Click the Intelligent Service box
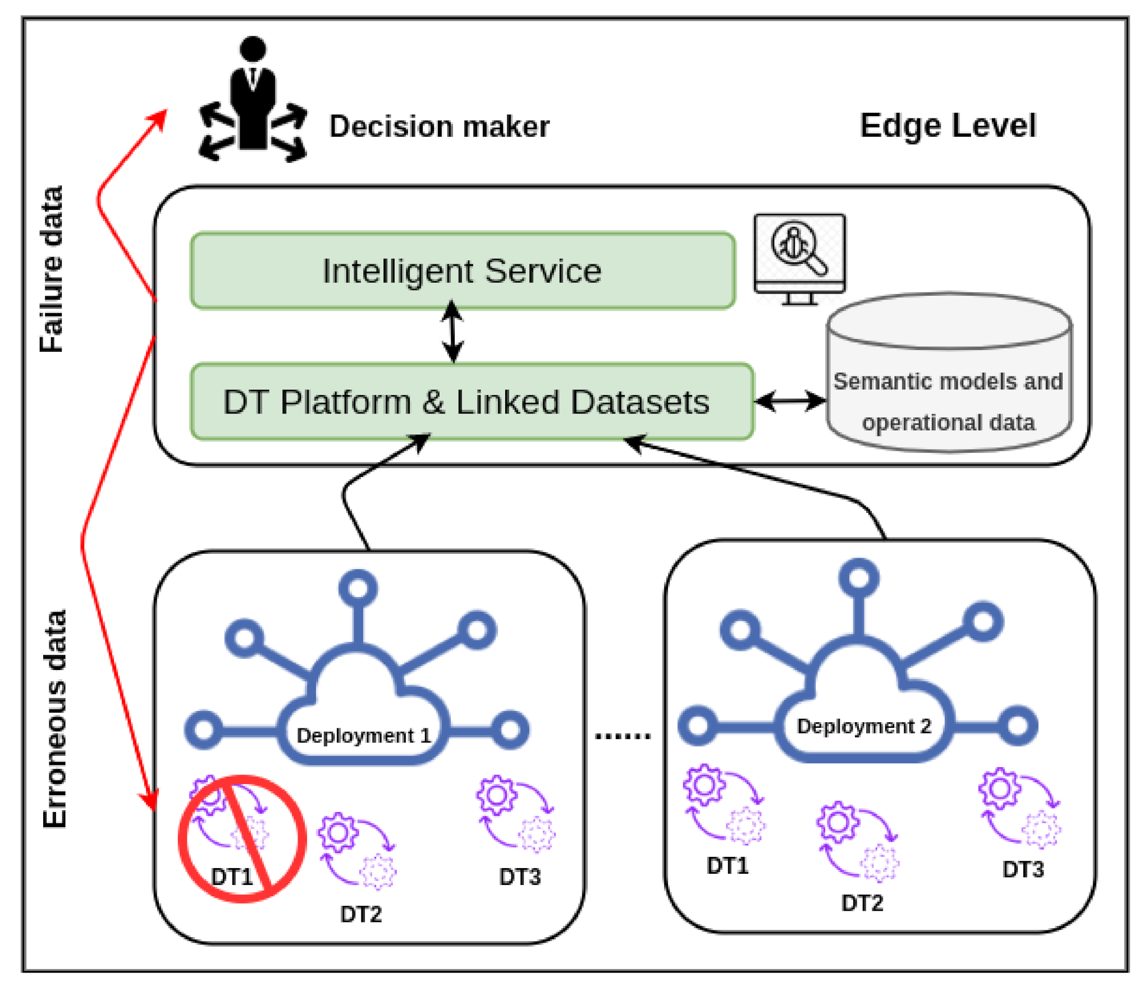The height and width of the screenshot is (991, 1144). [x=463, y=270]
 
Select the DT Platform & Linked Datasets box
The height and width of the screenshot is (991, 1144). [x=472, y=402]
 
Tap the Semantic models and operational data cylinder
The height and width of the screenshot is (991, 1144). [x=949, y=372]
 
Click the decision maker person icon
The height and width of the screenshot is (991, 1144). [x=253, y=99]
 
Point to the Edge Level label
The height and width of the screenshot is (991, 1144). [x=948, y=126]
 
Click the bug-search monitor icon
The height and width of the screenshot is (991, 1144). [x=799, y=259]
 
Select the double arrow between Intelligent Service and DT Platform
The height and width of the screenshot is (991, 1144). [x=452, y=332]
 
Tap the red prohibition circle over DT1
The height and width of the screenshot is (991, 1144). [x=242, y=839]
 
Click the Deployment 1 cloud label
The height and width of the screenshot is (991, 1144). [x=363, y=735]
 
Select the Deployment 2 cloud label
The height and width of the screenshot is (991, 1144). [x=864, y=726]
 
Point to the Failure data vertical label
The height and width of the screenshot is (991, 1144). [x=52, y=269]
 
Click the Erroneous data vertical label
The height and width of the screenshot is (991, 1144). [x=54, y=718]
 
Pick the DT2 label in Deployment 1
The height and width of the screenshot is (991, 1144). [x=361, y=914]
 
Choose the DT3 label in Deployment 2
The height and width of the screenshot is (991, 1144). [x=1023, y=869]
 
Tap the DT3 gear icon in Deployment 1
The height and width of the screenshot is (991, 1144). [x=515, y=814]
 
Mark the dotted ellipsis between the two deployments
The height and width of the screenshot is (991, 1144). [x=623, y=736]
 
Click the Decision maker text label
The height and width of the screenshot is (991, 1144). [x=440, y=126]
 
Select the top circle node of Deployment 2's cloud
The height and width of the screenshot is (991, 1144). [x=859, y=577]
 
